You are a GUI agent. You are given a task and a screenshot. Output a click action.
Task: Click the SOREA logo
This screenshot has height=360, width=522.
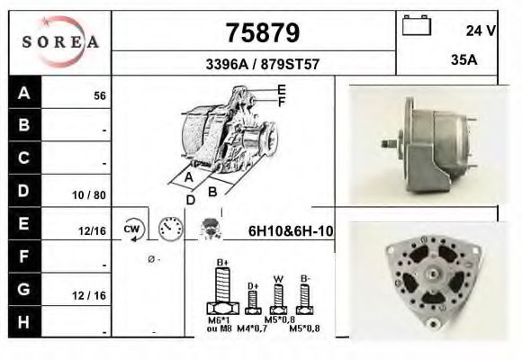point(59,42)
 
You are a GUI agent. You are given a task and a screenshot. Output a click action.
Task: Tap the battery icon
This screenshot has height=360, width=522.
point(417,26)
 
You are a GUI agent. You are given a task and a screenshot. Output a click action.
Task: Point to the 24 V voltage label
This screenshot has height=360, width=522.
point(481,31)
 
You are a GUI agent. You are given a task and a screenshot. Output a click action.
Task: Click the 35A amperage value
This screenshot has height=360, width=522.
point(463,62)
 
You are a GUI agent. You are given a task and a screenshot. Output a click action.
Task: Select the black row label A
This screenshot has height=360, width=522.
point(24,94)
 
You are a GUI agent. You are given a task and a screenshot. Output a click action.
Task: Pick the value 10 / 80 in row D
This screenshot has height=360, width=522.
point(93,193)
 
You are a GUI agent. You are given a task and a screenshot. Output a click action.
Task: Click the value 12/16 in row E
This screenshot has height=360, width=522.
point(94,231)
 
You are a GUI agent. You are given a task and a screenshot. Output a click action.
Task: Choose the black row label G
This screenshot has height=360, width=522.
point(24,290)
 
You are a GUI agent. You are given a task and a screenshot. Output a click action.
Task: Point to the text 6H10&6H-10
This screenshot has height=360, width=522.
point(291,231)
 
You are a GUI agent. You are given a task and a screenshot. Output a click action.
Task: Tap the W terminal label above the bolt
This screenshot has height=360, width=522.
point(278,278)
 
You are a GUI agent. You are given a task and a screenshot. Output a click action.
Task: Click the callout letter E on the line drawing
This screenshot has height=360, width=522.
point(282,89)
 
